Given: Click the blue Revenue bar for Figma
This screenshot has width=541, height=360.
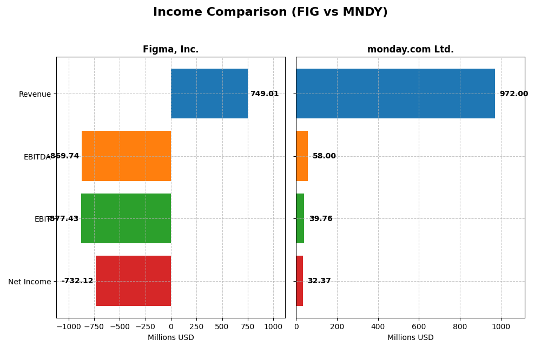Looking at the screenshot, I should pos(209,94).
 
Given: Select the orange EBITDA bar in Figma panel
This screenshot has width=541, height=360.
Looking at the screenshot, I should pos(127,156).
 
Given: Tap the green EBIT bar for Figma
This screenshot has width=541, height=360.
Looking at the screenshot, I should pos(126,218).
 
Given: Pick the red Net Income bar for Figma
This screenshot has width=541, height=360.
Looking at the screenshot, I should pos(134,281).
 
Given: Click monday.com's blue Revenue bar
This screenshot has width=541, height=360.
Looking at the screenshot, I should pos(395,94).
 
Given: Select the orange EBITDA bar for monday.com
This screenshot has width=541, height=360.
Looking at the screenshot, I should pos(302,156).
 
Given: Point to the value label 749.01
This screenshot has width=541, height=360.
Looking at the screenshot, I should pos(265,94).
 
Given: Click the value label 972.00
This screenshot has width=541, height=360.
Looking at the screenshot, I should pos(513,94).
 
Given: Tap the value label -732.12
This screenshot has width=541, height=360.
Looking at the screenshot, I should pos(77,281).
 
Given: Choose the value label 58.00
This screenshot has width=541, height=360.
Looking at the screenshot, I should pos(324,156).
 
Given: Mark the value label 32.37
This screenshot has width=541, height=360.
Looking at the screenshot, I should pos(319,281).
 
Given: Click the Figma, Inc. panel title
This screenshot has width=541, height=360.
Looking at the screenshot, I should pos(171,50).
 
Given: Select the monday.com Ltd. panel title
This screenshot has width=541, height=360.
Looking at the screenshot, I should pos(410,50).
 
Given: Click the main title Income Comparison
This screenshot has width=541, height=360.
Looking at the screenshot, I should pos(270,12).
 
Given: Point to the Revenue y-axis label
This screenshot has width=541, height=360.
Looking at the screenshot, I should pos(35,95).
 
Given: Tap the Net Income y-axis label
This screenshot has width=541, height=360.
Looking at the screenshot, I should pos(30,282).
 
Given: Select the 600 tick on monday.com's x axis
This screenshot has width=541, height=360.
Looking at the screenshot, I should pos(419,326).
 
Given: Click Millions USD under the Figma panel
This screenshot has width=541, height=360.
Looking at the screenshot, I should pos(171,338).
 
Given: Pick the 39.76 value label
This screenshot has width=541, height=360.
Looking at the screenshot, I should pos(321,219).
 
